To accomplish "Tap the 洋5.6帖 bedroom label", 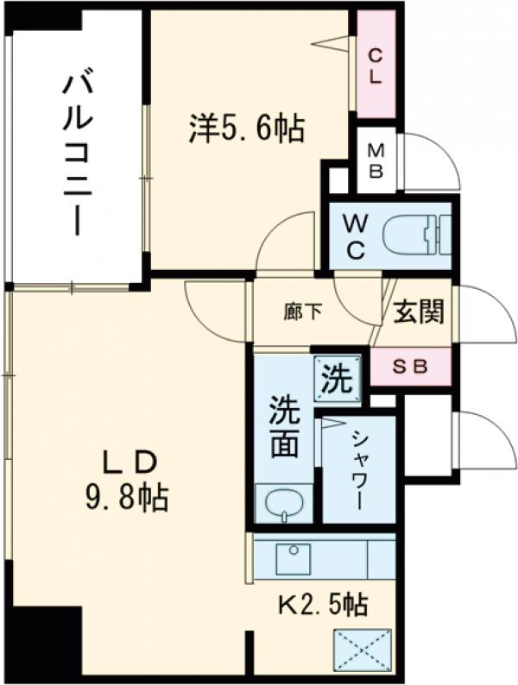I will click(246, 129).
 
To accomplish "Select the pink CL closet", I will click(376, 66).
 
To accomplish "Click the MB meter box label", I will click(376, 160).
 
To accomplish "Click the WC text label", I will click(356, 236).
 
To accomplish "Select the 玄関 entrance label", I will click(419, 312).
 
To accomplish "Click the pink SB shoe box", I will click(410, 366).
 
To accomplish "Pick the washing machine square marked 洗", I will click(336, 379).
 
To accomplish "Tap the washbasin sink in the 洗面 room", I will click(283, 502).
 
